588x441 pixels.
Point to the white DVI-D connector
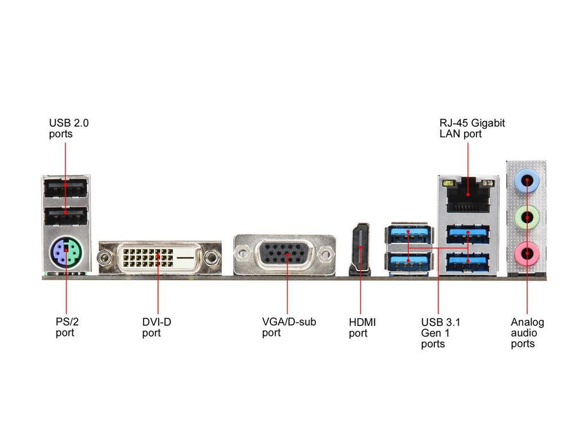160,257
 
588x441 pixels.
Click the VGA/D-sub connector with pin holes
285,254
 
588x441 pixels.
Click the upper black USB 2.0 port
65,188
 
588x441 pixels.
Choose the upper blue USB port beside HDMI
408,234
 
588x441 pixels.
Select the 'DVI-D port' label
157,327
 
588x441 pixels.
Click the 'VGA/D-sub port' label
289,327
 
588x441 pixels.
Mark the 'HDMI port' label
362,327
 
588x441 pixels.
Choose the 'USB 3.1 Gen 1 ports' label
440,333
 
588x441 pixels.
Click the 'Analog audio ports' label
527,333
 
